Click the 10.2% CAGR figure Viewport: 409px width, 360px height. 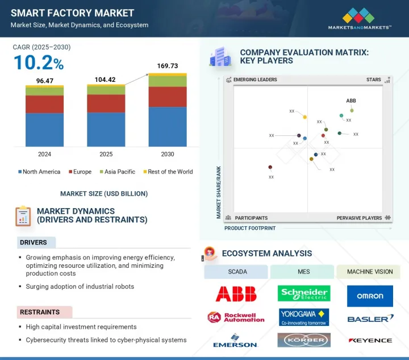pyautogui.click(x=38, y=62)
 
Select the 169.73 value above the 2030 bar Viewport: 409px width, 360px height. pyautogui.click(x=167, y=66)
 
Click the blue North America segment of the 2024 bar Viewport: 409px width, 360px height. pyautogui.click(x=44, y=129)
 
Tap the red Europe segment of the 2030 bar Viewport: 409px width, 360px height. pyautogui.click(x=167, y=97)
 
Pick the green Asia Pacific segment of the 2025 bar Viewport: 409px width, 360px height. pyautogui.click(x=106, y=90)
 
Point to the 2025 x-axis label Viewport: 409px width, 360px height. pyautogui.click(x=106, y=154)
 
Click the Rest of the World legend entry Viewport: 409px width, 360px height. pyautogui.click(x=168, y=172)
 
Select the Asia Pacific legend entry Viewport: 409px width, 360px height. pyautogui.click(x=117, y=172)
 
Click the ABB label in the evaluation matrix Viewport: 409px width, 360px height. pyautogui.click(x=351, y=101)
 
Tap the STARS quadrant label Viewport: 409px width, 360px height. pyautogui.click(x=373, y=80)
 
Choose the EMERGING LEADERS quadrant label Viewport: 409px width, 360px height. pyautogui.click(x=255, y=80)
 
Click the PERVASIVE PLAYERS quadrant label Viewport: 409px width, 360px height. pyautogui.click(x=359, y=218)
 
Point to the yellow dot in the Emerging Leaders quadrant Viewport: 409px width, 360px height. pyautogui.click(x=305, y=117)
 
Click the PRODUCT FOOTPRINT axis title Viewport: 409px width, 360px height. pyautogui.click(x=250, y=228)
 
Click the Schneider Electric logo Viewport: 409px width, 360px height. pyautogui.click(x=304, y=293)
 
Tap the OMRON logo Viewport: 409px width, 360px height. pyautogui.click(x=370, y=296)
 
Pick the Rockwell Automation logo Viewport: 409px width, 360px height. pyautogui.click(x=236, y=317)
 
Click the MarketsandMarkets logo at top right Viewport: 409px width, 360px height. pyautogui.click(x=360, y=19)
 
